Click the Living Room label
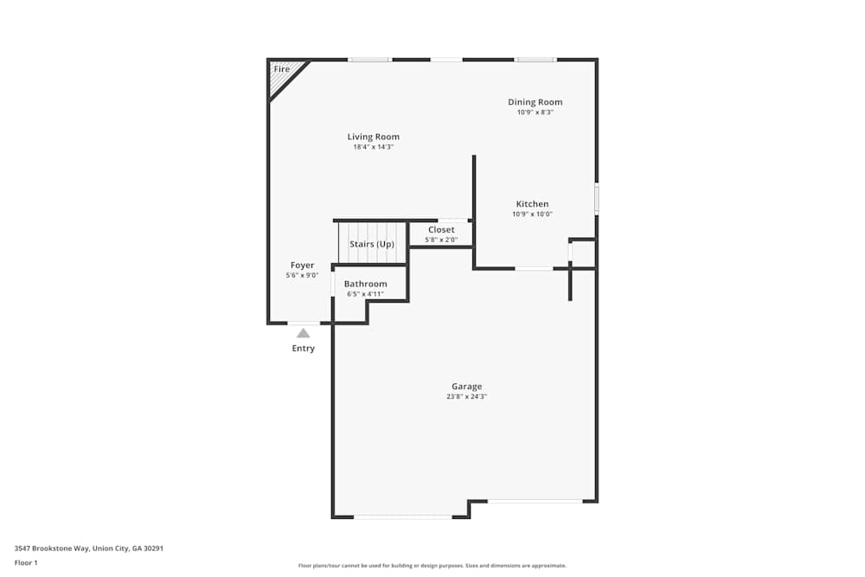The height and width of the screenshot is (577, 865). (374, 137)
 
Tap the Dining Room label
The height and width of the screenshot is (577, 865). (535, 102)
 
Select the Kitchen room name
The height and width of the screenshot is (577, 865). (532, 204)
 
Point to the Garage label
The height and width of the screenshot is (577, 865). (466, 387)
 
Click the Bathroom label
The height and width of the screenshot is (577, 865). (365, 284)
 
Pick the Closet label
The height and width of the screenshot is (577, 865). (441, 230)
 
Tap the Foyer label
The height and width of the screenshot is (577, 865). (302, 266)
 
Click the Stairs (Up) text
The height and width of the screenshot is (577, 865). (373, 244)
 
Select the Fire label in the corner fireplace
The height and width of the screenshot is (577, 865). (282, 69)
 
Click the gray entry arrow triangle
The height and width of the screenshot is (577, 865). (303, 332)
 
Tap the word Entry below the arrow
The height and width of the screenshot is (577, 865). (303, 349)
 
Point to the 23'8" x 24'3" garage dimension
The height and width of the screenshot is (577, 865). (466, 397)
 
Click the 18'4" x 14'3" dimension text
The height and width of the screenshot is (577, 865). (374, 147)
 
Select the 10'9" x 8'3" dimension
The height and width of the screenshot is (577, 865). (535, 112)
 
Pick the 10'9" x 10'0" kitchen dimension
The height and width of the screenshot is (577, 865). (532, 215)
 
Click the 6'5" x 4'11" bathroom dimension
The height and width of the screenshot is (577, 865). (365, 294)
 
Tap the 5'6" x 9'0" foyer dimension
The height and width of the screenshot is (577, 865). (302, 276)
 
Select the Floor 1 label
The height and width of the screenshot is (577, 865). (26, 562)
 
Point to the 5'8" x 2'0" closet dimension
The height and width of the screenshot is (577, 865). (441, 240)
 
